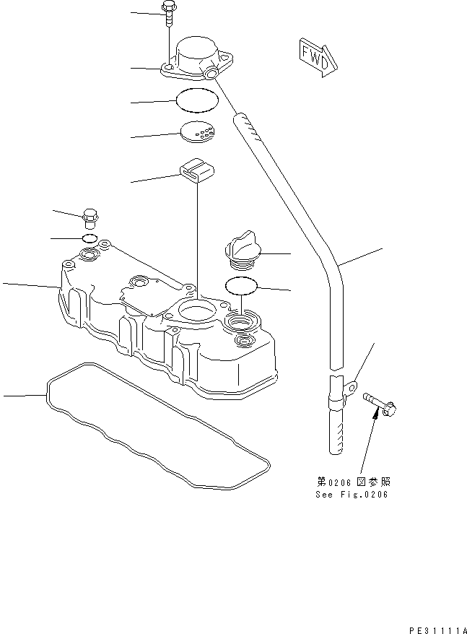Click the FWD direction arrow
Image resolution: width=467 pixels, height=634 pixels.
[x=318, y=58]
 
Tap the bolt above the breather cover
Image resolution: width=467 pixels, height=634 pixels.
[x=168, y=13]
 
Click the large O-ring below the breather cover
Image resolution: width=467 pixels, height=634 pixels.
[x=197, y=100]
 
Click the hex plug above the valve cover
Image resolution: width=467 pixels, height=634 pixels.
[x=90, y=218]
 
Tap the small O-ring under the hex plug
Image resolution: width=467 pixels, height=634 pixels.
[x=90, y=238]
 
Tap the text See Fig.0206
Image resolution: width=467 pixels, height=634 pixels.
[x=352, y=494]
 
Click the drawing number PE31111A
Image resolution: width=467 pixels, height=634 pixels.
[x=438, y=630]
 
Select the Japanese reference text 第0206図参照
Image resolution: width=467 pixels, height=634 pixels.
[x=353, y=482]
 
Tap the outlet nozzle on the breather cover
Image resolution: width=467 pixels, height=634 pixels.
[x=211, y=73]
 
